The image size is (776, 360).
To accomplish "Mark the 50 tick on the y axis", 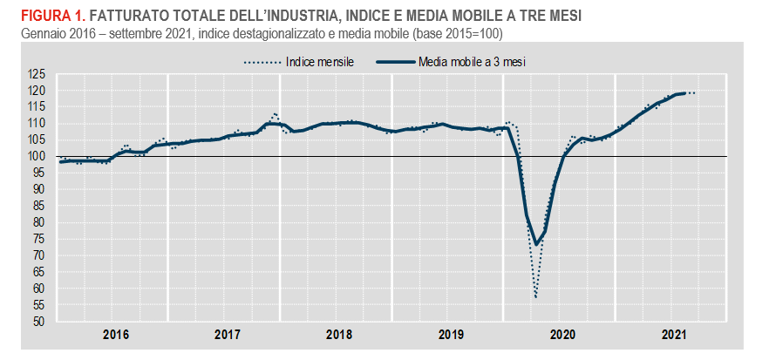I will (x=38, y=321).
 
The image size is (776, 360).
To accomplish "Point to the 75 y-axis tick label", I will (x=38, y=239).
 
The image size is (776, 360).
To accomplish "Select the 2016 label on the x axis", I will (x=116, y=334).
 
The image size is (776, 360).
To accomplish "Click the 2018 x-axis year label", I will (x=338, y=334).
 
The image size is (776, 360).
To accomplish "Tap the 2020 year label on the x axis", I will (x=562, y=334).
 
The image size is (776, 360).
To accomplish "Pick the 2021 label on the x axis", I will (x=674, y=334).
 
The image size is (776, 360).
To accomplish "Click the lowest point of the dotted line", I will (x=535, y=297).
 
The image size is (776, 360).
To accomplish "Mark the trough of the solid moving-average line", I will (x=535, y=245).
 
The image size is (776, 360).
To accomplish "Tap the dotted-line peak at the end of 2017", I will (x=274, y=113).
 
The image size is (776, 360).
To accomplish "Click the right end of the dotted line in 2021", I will (x=694, y=92).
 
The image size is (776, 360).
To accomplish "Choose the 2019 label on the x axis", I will (x=450, y=334).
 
